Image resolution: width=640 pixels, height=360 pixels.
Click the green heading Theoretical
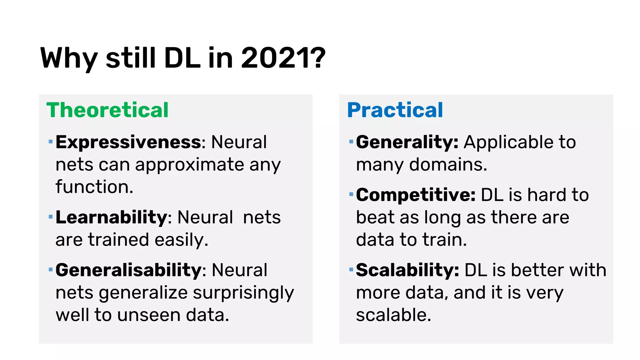pos(107,110)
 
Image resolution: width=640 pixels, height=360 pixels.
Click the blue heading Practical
pos(395,110)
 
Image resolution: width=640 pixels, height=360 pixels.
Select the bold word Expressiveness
pos(128,142)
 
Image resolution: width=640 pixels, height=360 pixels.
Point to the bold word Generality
pos(407,142)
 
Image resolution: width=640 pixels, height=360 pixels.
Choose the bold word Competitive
pos(415,195)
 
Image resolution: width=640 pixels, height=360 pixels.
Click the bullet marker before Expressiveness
pos(51,142)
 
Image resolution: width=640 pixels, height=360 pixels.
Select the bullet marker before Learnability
pos(51,217)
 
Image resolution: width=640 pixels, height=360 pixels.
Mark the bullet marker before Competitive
pos(351,194)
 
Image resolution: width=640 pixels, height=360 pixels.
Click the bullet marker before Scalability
pos(351,269)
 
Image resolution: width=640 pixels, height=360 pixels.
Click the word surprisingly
pos(243,293)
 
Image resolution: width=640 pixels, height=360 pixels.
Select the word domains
pos(448,165)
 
